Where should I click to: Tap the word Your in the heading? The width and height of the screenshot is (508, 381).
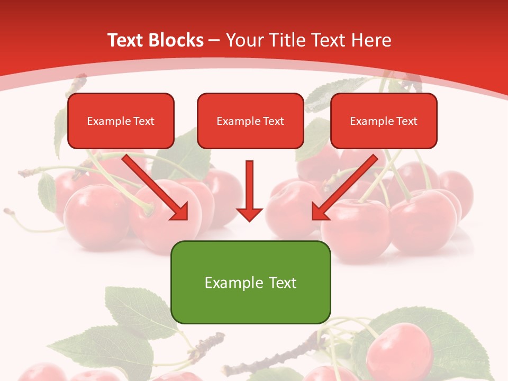point(241,40)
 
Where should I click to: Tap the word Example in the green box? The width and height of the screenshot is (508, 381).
point(227,283)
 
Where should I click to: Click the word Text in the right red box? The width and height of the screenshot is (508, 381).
point(406,121)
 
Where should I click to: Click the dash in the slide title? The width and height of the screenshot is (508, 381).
point(214,40)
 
